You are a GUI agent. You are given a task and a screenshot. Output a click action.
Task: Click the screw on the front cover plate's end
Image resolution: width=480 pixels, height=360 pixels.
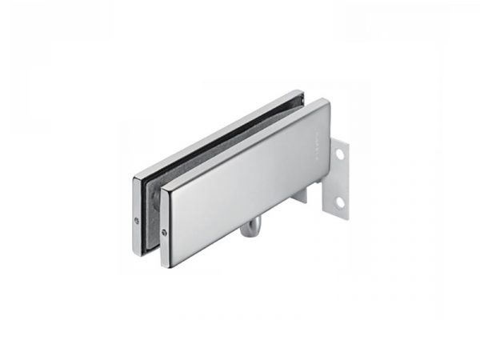(x=164, y=233)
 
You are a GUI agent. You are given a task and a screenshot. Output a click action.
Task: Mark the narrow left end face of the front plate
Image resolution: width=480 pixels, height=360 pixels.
(x=165, y=228)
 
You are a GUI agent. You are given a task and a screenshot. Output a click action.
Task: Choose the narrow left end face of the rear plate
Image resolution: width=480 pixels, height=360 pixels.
(x=135, y=212)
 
